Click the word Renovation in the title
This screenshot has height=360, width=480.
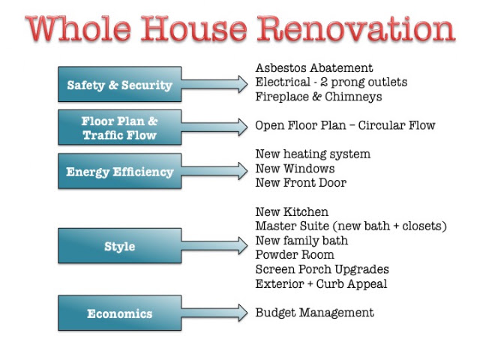coord(356,28)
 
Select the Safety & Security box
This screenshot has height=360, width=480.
coord(120,84)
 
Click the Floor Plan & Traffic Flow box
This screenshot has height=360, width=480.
coord(120,127)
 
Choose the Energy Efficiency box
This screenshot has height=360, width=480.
coord(120,171)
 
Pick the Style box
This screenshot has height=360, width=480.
coord(120,245)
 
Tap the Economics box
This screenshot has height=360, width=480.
coord(120,313)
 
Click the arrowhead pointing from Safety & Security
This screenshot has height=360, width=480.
coord(243,84)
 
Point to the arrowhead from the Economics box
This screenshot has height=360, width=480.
coord(243,313)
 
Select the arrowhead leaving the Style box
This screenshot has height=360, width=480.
coord(243,245)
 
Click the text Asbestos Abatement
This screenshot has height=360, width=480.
coord(314,67)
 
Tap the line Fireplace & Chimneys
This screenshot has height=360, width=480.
coord(319,97)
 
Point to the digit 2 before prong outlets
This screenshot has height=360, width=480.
coord(324,82)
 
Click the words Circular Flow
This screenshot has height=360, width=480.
coord(397,125)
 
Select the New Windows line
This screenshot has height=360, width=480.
coord(295,168)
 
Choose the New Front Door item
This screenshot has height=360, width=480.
coord(301,183)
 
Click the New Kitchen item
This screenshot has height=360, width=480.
coord(292,211)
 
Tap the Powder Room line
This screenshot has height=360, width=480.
coord(295,255)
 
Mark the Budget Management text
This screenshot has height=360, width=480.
coord(315,313)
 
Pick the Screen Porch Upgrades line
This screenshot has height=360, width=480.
coord(322,269)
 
